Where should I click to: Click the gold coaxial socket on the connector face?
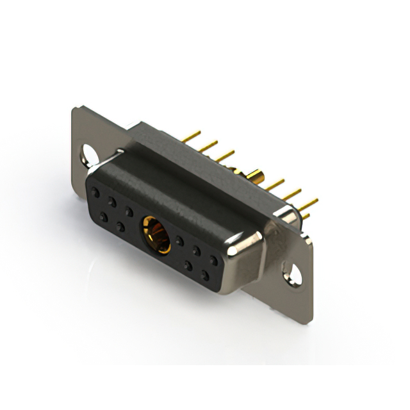[156, 234]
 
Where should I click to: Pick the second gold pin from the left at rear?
[208, 146]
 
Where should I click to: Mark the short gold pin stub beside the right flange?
[305, 217]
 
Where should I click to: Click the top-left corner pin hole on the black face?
[95, 192]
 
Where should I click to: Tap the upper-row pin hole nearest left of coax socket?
[129, 211]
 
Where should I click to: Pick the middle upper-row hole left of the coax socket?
[111, 201]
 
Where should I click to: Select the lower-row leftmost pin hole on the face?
[103, 217]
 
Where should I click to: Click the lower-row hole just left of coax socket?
[120, 227]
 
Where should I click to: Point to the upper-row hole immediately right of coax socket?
[180, 242]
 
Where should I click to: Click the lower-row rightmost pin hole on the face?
[205, 276]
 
